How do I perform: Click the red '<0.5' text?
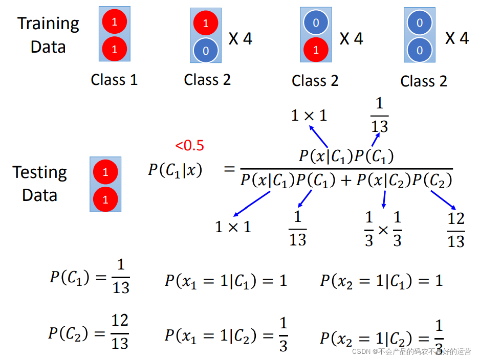(x=189, y=146)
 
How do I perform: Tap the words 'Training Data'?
(x=48, y=35)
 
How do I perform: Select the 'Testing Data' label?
(x=39, y=184)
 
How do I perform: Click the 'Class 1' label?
(x=114, y=80)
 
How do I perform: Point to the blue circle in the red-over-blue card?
(x=206, y=50)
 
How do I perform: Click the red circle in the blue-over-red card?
(x=316, y=50)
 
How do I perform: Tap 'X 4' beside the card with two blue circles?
(x=456, y=38)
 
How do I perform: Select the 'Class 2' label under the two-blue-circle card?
(x=424, y=81)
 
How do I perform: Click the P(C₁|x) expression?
(x=175, y=170)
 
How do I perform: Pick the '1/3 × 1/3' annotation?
(x=383, y=229)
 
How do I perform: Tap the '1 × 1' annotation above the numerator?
(x=309, y=116)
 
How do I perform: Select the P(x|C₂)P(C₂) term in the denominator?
(x=404, y=180)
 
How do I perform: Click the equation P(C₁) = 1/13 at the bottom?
(x=90, y=277)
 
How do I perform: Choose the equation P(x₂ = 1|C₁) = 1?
(x=381, y=281)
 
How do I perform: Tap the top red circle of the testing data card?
(x=105, y=172)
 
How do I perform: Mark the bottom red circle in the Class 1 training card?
(x=114, y=50)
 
